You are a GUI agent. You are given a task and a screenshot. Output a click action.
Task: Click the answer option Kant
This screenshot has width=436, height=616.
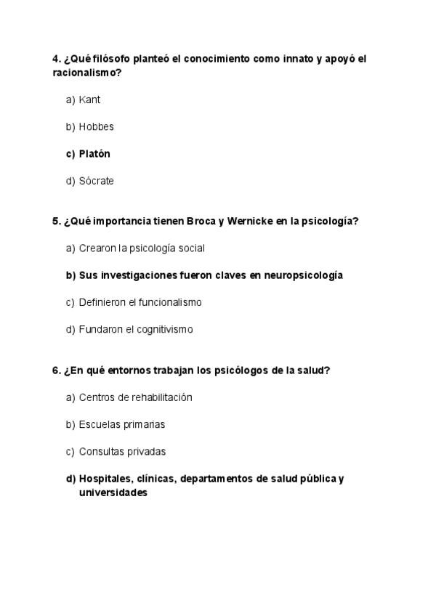pyautogui.click(x=89, y=100)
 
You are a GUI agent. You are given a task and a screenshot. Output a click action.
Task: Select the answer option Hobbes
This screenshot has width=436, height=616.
pyautogui.click(x=96, y=127)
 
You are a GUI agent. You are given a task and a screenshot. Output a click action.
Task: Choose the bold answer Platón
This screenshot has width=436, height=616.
pyautogui.click(x=94, y=154)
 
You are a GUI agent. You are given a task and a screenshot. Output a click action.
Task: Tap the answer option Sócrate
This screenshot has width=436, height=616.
pyautogui.click(x=96, y=181)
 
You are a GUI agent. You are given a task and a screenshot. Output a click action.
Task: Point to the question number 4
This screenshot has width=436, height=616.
pyautogui.click(x=56, y=59)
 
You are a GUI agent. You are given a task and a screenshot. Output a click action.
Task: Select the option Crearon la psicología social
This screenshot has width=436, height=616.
pyautogui.click(x=142, y=248)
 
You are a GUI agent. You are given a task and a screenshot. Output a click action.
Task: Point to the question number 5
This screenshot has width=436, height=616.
pyautogui.click(x=56, y=222)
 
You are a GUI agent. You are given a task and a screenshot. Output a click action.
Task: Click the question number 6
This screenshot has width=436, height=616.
pyautogui.click(x=56, y=370)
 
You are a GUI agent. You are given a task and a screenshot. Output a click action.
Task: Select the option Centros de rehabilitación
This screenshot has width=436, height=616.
pyautogui.click(x=135, y=397)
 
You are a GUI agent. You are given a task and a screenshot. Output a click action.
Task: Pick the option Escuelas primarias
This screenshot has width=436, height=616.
pyautogui.click(x=122, y=424)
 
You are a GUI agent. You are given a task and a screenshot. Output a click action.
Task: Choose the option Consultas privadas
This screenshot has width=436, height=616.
pyautogui.click(x=122, y=451)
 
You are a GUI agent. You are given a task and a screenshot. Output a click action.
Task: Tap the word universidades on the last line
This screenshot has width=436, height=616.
pyautogui.click(x=113, y=493)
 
